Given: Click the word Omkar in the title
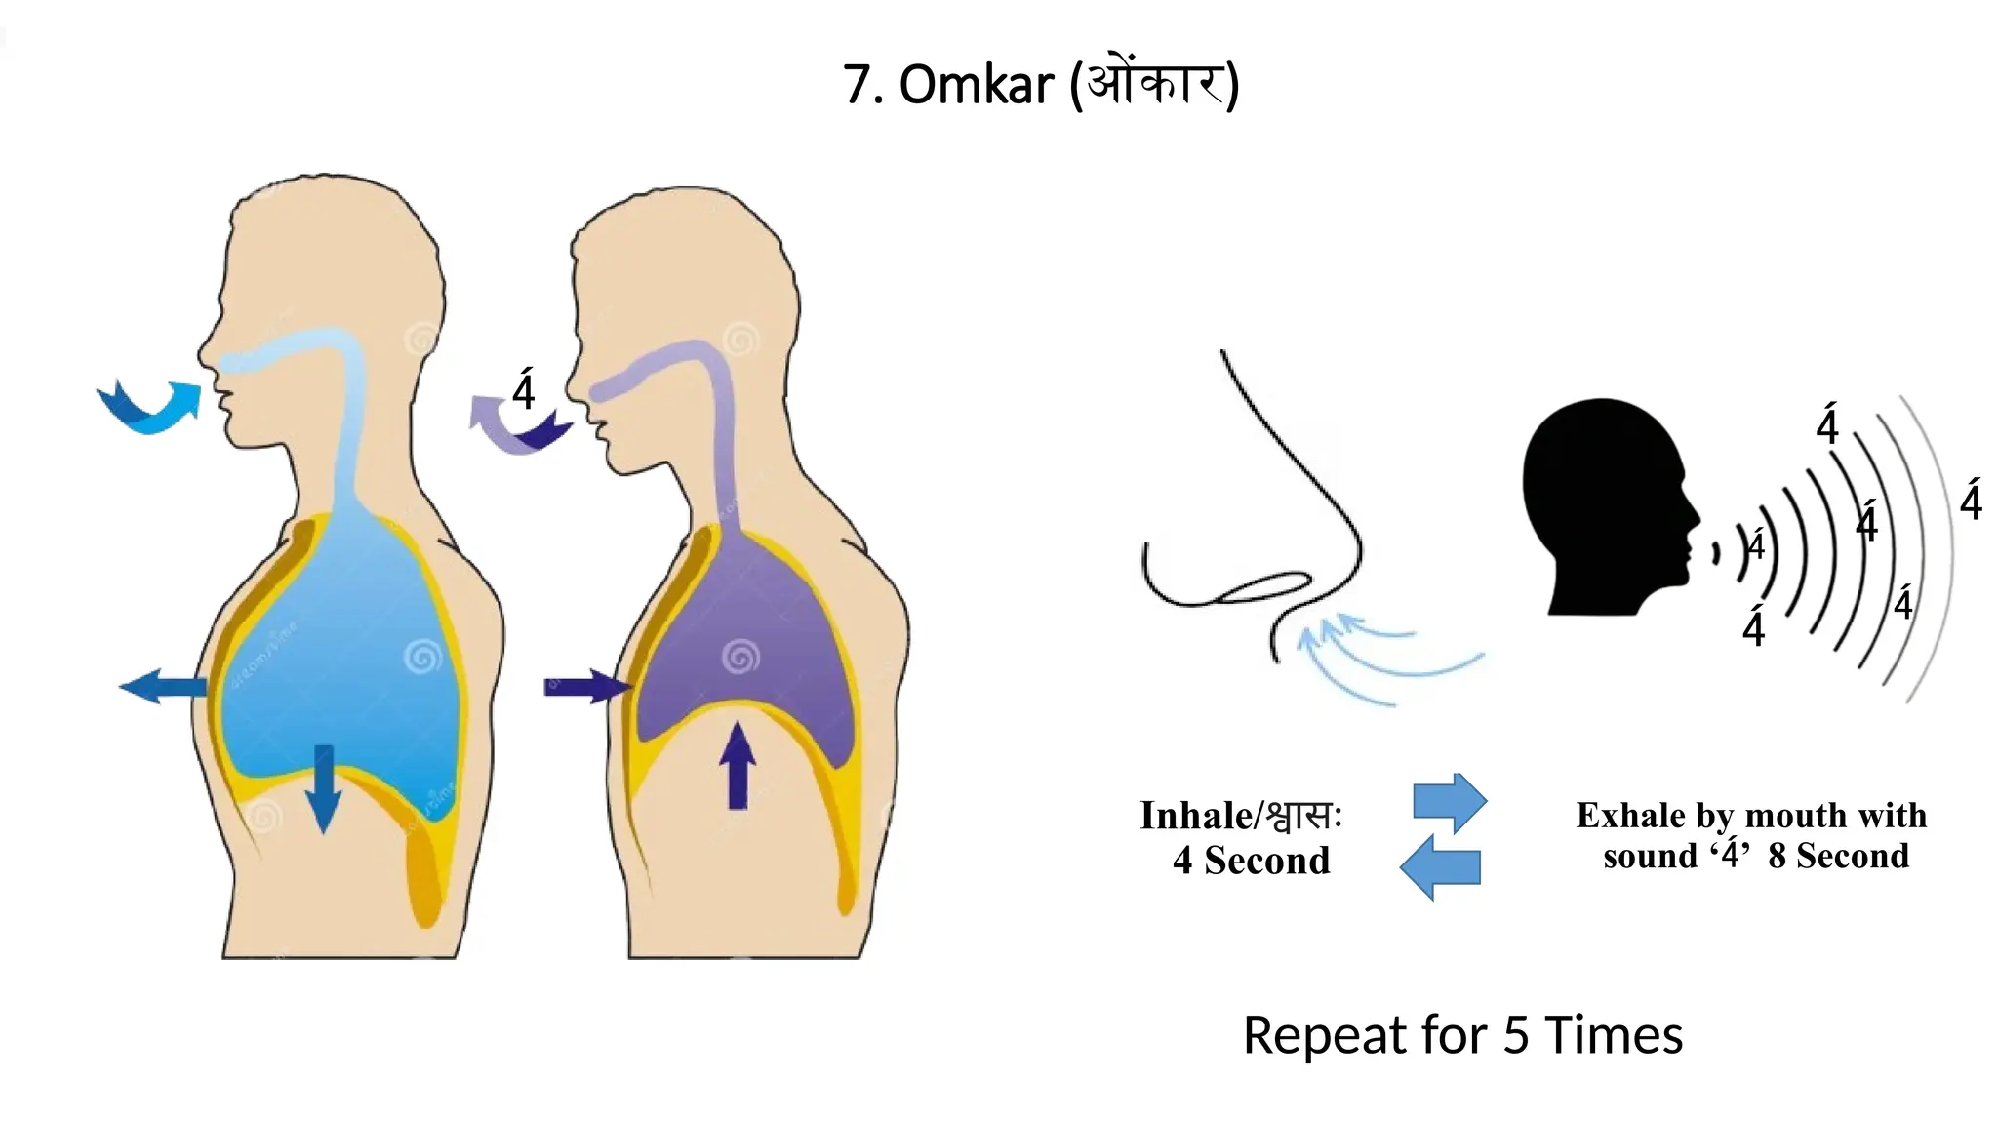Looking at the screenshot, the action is pos(976,85).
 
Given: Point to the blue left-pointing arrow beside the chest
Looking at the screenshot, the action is pos(162,686).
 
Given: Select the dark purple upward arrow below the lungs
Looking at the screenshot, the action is pos(738,766).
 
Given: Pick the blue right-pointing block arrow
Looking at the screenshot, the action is pos(1451,802).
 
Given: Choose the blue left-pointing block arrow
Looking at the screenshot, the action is pos(1440,866).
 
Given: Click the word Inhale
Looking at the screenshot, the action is pos(1195,816).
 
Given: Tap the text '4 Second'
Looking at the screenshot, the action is pos(1252,861).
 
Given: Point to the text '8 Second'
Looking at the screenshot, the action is pos(1838,856).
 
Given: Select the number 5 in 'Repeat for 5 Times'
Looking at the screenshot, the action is pos(1515,1035).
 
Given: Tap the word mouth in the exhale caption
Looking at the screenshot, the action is pos(1791,815).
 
